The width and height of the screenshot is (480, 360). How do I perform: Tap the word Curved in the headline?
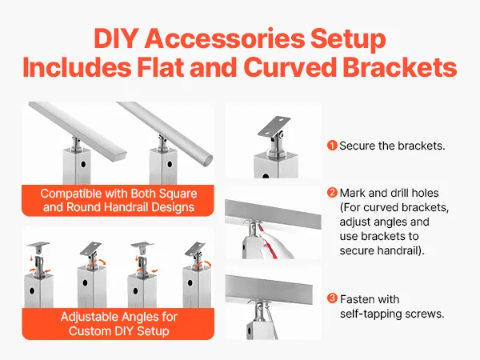coord(290,67)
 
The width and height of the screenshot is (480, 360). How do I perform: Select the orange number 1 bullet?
coord(332,146)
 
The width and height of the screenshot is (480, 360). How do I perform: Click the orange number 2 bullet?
coord(332,193)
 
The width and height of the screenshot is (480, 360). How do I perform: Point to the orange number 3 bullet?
coord(332,298)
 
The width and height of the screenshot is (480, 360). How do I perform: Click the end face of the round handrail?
coord(207,160)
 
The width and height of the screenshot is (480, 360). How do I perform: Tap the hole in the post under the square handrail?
coord(83,164)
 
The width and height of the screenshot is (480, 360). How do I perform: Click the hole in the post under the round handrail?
coord(170,164)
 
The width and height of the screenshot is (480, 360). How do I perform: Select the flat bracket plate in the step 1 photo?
coord(274,127)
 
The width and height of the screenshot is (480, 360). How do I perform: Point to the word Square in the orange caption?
coord(179,194)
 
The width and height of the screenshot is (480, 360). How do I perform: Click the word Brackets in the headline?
coord(399,67)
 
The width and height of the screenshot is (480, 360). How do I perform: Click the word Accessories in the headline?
coord(225,38)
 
